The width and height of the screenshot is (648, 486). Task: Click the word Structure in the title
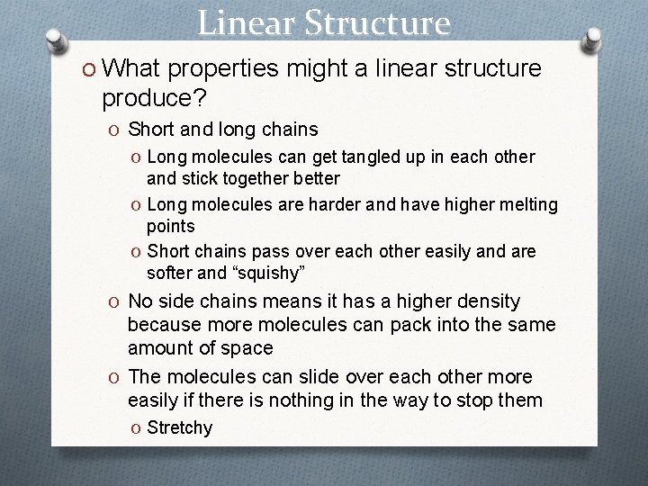tap(377, 22)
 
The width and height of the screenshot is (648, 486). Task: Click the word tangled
tap(373, 157)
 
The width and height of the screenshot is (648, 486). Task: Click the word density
tap(487, 301)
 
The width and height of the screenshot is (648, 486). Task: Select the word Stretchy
tap(179, 427)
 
